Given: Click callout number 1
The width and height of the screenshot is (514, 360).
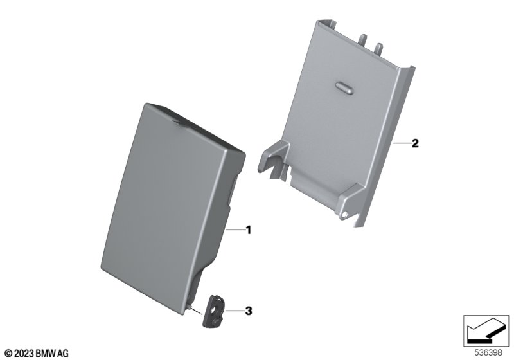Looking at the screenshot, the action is tap(249, 230).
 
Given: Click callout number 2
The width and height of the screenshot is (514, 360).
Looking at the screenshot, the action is tap(415, 143).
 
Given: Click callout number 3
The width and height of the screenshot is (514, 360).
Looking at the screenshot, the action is tap(249, 310).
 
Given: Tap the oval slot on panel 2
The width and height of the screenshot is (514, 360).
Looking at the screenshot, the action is tap(344, 87).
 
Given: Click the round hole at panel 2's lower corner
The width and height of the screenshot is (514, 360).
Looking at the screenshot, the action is tap(344, 214).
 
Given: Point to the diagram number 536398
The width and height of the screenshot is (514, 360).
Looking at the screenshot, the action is tap(488, 353).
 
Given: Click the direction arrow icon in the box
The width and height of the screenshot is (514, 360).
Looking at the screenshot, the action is tap(486, 330).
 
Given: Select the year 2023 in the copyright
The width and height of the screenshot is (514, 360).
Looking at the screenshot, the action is tap(24, 354).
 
